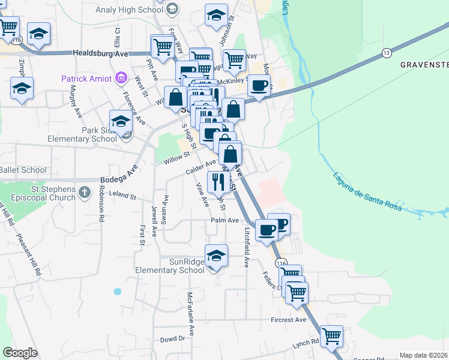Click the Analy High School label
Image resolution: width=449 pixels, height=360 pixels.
(129, 10)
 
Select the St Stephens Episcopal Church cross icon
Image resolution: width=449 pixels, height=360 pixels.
(85, 193)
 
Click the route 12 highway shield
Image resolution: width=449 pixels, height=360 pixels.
(387, 54)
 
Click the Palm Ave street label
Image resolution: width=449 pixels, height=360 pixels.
(225, 221)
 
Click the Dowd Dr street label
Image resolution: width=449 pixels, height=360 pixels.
(173, 339)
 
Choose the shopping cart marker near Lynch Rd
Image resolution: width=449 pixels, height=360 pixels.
(331, 337)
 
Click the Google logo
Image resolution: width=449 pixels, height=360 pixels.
(20, 352)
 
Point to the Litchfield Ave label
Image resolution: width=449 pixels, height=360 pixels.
(247, 247)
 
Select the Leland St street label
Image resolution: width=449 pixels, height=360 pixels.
(123, 196)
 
